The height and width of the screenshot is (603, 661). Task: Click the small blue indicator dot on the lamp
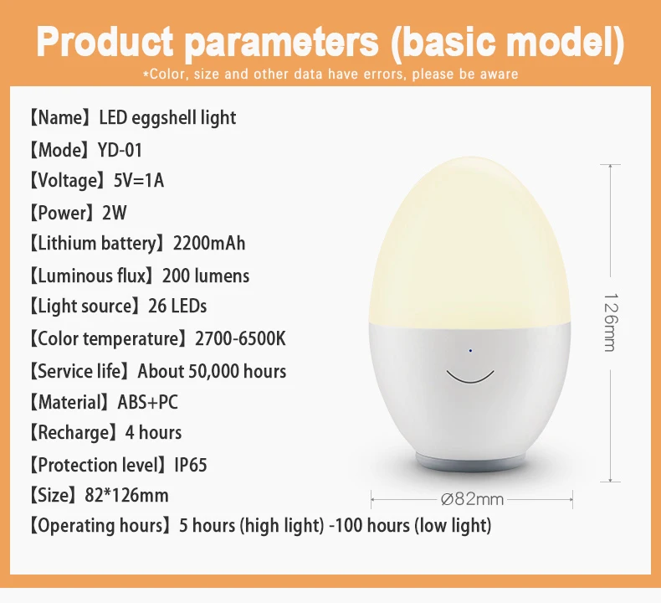coord(470,350)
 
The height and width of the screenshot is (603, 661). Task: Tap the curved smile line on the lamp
coord(470,381)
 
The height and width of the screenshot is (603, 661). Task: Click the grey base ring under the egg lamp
coord(471,463)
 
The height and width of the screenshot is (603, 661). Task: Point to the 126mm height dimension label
coord(611,322)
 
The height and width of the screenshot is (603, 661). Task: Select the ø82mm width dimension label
coord(472,499)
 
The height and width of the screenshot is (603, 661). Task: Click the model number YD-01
coord(120,150)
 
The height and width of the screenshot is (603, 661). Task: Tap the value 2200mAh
coord(209,243)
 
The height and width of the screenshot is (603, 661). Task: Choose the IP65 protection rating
coord(191,465)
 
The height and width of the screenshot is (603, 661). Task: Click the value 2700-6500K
coord(240,338)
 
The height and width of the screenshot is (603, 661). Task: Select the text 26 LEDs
coord(177,306)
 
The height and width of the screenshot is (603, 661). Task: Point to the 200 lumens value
coord(206,276)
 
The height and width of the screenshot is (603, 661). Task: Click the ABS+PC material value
coord(147,402)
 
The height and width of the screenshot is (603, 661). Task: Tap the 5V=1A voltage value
coord(139,180)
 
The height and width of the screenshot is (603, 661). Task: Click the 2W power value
coord(115,213)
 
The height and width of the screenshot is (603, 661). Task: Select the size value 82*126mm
coord(126,495)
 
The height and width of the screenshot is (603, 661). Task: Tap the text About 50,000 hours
coord(212,371)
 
